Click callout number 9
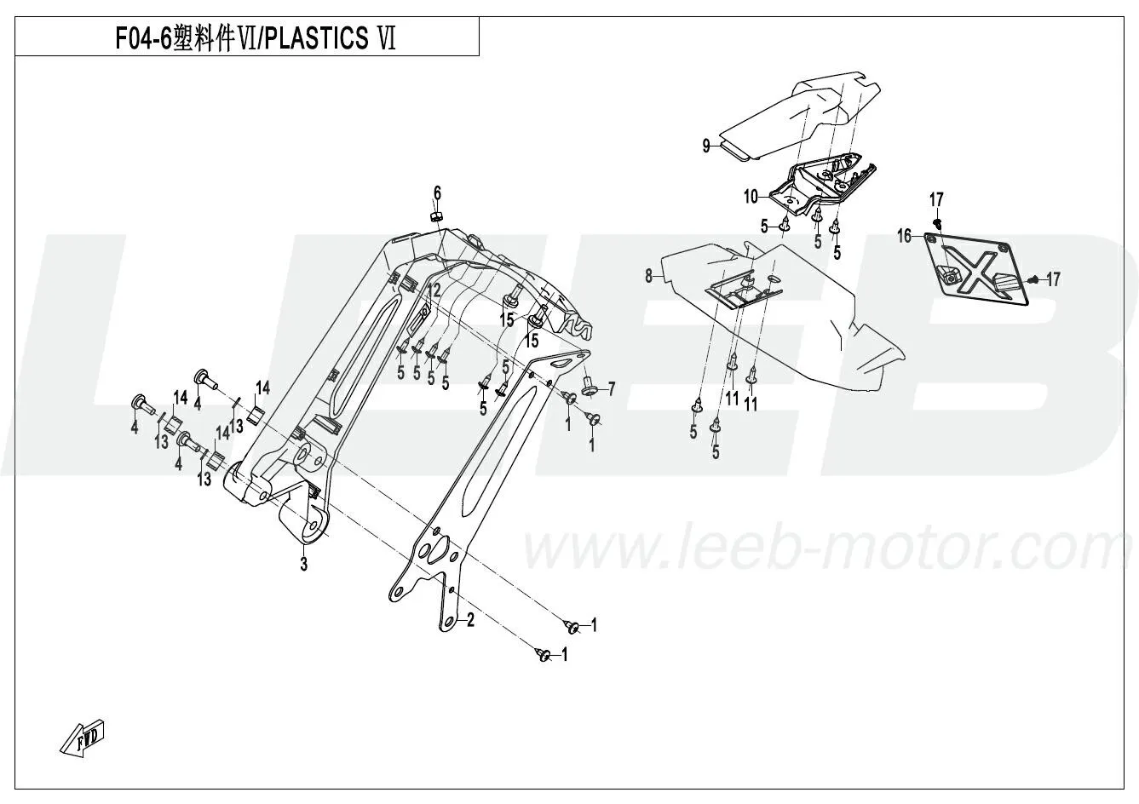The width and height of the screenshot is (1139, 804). (706, 146)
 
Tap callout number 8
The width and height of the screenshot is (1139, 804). (649, 275)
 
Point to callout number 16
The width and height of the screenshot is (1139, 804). (904, 235)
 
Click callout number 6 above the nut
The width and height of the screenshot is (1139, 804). (437, 192)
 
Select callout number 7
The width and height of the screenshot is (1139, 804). (610, 389)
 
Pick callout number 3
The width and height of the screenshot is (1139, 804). (302, 563)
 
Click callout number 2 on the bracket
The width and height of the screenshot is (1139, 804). (469, 621)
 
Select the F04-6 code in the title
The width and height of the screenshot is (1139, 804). (143, 39)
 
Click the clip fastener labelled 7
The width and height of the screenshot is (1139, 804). (589, 390)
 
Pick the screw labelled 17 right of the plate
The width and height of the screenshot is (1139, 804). (1033, 279)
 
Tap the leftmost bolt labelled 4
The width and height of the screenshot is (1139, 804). (138, 402)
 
